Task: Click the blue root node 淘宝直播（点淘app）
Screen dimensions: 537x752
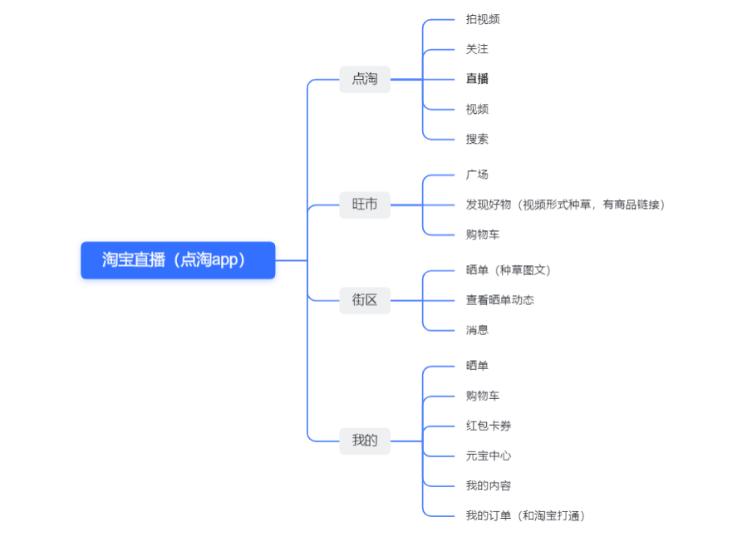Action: click(x=178, y=260)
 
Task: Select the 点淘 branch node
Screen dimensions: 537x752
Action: click(x=365, y=79)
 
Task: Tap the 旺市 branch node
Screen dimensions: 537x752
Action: click(x=365, y=204)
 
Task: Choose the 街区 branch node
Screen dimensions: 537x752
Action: click(x=365, y=300)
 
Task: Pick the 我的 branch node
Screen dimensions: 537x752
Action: click(x=365, y=441)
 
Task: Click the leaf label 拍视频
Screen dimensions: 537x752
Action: click(x=483, y=19)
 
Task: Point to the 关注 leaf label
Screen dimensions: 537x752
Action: click(x=477, y=49)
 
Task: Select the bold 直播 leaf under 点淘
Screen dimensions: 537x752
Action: click(x=477, y=79)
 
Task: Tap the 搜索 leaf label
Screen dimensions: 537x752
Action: click(x=477, y=139)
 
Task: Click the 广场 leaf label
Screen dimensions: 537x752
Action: click(x=477, y=175)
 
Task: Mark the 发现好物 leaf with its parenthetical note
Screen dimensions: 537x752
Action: click(x=565, y=204)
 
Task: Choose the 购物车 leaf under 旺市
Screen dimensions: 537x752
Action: click(x=483, y=234)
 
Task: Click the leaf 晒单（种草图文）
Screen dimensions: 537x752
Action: click(x=508, y=270)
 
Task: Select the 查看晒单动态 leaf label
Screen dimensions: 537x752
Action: click(x=499, y=300)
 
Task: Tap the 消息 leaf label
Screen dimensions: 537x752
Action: click(x=477, y=330)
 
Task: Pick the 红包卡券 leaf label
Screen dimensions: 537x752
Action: click(x=489, y=426)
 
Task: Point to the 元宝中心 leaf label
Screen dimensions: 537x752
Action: click(x=489, y=456)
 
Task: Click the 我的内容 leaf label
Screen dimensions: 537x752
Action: click(x=489, y=485)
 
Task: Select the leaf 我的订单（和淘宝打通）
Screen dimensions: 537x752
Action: click(x=525, y=515)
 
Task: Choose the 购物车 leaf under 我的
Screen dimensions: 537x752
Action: click(x=483, y=396)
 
